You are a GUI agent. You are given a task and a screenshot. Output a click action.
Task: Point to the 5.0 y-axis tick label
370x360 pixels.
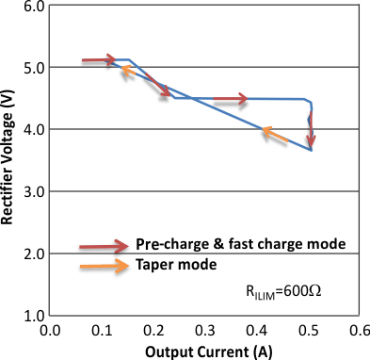coord(33,68)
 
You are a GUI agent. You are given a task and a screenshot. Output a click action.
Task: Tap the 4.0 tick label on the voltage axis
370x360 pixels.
coord(33,130)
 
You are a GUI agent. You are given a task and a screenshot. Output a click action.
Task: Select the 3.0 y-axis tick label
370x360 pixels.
coord(33,192)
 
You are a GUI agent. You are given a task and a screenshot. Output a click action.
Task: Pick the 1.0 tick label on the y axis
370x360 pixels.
coord(33,316)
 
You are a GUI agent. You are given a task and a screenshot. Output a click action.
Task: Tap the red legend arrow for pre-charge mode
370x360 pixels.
coord(103,245)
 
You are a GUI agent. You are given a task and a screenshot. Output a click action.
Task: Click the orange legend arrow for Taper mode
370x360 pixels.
coord(103,266)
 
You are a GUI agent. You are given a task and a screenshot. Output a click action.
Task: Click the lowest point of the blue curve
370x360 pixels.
coord(311,150)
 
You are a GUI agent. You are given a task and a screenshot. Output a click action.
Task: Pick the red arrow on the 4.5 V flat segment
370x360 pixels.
coord(231,98)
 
